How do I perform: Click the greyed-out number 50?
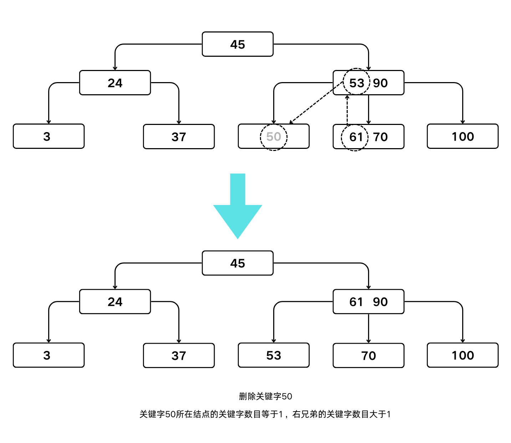click(274, 137)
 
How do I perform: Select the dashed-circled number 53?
click(356, 83)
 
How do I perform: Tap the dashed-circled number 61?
click(356, 137)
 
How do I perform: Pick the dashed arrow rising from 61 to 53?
click(347, 110)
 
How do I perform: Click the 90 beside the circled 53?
click(380, 83)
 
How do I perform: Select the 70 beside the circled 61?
click(380, 137)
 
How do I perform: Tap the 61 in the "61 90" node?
click(356, 302)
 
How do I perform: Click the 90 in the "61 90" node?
click(380, 302)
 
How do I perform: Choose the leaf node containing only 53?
click(274, 356)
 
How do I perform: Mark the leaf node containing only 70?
click(368, 356)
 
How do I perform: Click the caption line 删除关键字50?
click(265, 396)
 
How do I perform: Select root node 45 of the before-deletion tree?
click(237, 44)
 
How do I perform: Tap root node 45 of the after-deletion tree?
click(237, 263)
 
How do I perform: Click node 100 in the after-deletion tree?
click(463, 356)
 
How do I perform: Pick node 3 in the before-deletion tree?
click(48, 136)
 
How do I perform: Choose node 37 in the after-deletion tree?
click(179, 356)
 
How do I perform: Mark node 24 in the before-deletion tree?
click(115, 83)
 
